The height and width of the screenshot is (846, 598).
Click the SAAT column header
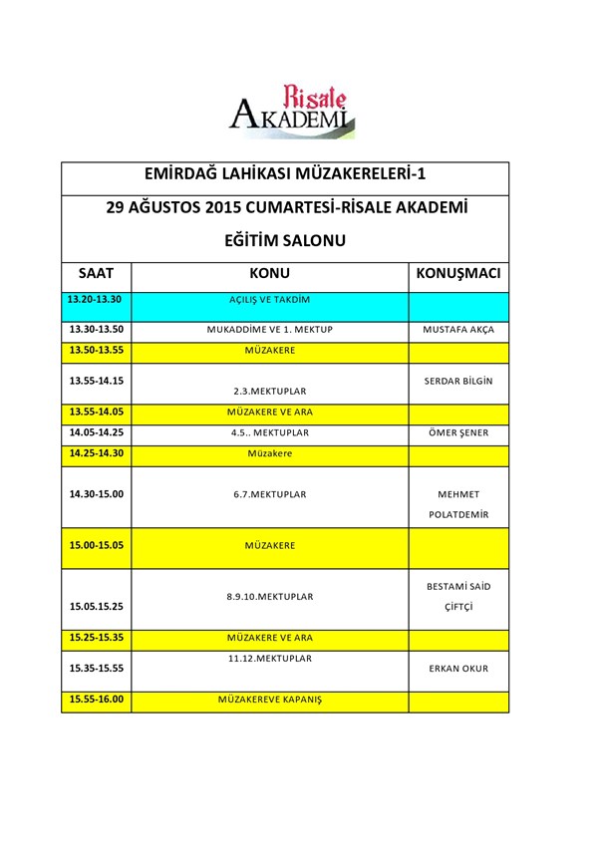(x=96, y=273)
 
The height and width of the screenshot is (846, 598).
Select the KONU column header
(x=269, y=273)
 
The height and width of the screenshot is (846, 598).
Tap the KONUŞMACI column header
(x=457, y=273)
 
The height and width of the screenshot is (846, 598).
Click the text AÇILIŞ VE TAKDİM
(x=269, y=300)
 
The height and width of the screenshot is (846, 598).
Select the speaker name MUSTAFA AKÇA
(x=458, y=330)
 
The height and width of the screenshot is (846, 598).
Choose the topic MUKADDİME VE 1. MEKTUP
(x=269, y=330)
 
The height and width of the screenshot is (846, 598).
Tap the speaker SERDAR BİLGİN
(x=458, y=382)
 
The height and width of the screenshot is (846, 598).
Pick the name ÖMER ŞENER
(x=458, y=433)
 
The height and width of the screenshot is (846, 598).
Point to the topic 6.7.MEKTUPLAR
(x=269, y=494)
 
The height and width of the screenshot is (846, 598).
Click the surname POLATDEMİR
(x=458, y=514)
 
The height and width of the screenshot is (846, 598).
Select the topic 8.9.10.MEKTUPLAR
(x=269, y=597)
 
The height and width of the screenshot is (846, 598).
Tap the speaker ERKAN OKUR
(x=458, y=669)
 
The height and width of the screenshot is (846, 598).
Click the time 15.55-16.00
(x=96, y=700)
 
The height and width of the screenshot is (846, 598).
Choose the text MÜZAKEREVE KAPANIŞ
(x=269, y=701)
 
